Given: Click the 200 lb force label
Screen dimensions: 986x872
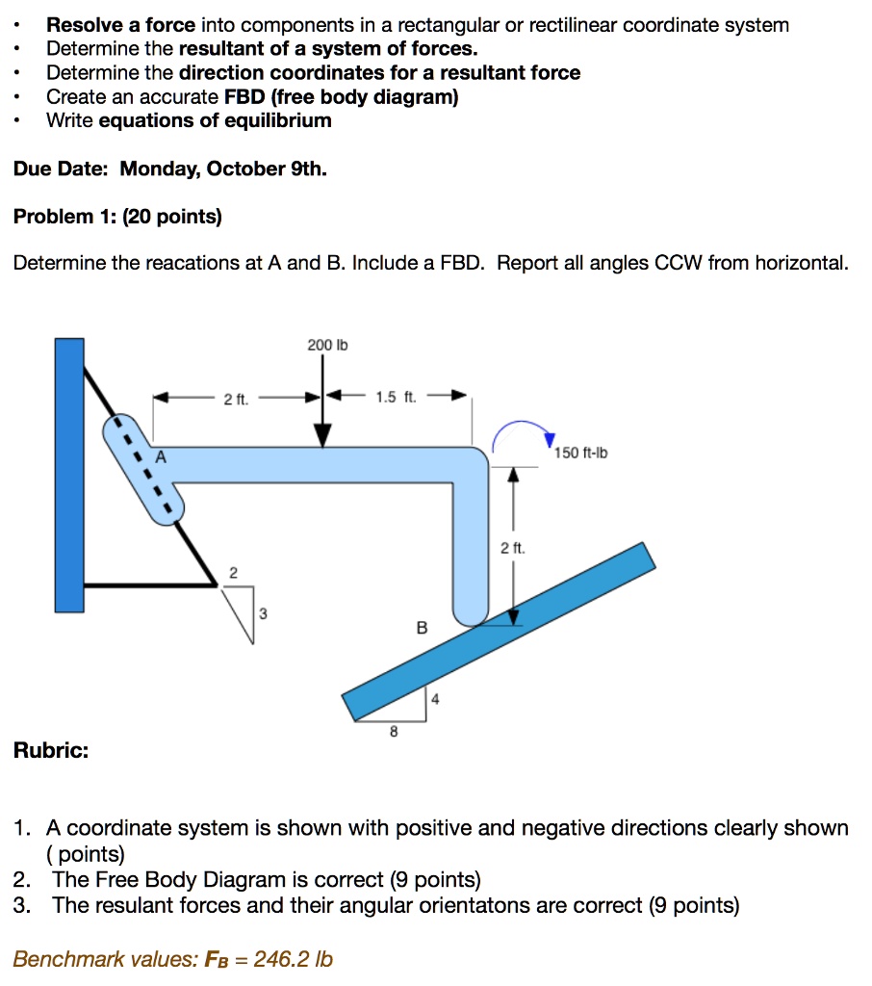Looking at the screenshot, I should click(321, 345).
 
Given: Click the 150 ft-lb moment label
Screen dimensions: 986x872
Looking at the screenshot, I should click(582, 453).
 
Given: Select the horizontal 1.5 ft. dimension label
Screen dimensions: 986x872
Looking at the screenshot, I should click(396, 396).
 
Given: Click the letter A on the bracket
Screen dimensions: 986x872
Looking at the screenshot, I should click(161, 459).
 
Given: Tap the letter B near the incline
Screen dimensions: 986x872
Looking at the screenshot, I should click(421, 627).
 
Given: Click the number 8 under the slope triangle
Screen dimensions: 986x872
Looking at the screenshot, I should click(393, 732).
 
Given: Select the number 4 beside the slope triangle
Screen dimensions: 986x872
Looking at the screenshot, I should click(435, 700).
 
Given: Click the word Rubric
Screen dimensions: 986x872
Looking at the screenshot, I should click(50, 750).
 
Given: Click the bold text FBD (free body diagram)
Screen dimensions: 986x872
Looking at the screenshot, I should click(341, 96).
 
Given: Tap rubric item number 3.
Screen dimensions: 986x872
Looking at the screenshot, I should click(21, 905).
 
